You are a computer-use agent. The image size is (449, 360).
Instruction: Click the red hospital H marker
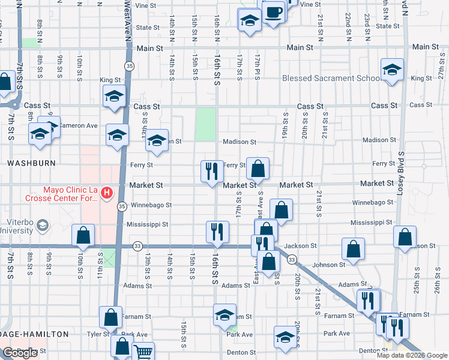click(x=106, y=193)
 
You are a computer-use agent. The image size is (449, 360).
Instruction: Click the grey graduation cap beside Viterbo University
click(x=43, y=225)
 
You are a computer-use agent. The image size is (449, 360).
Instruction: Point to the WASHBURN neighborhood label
click(x=31, y=163)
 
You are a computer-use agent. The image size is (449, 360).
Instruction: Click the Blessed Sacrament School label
click(x=331, y=78)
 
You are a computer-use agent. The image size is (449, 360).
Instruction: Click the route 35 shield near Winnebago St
click(x=122, y=206)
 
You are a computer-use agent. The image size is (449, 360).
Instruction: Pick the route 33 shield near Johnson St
click(x=292, y=259)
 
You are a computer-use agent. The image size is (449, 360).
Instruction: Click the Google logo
click(x=20, y=353)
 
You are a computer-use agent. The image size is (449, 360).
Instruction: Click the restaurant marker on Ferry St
click(x=211, y=172)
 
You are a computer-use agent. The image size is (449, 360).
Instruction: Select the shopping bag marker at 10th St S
click(x=83, y=235)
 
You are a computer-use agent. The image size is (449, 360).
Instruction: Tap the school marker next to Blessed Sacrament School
click(x=391, y=70)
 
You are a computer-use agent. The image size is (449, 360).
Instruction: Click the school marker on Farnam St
click(x=225, y=314)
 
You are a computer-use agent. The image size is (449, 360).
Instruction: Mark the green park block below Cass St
click(x=206, y=124)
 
